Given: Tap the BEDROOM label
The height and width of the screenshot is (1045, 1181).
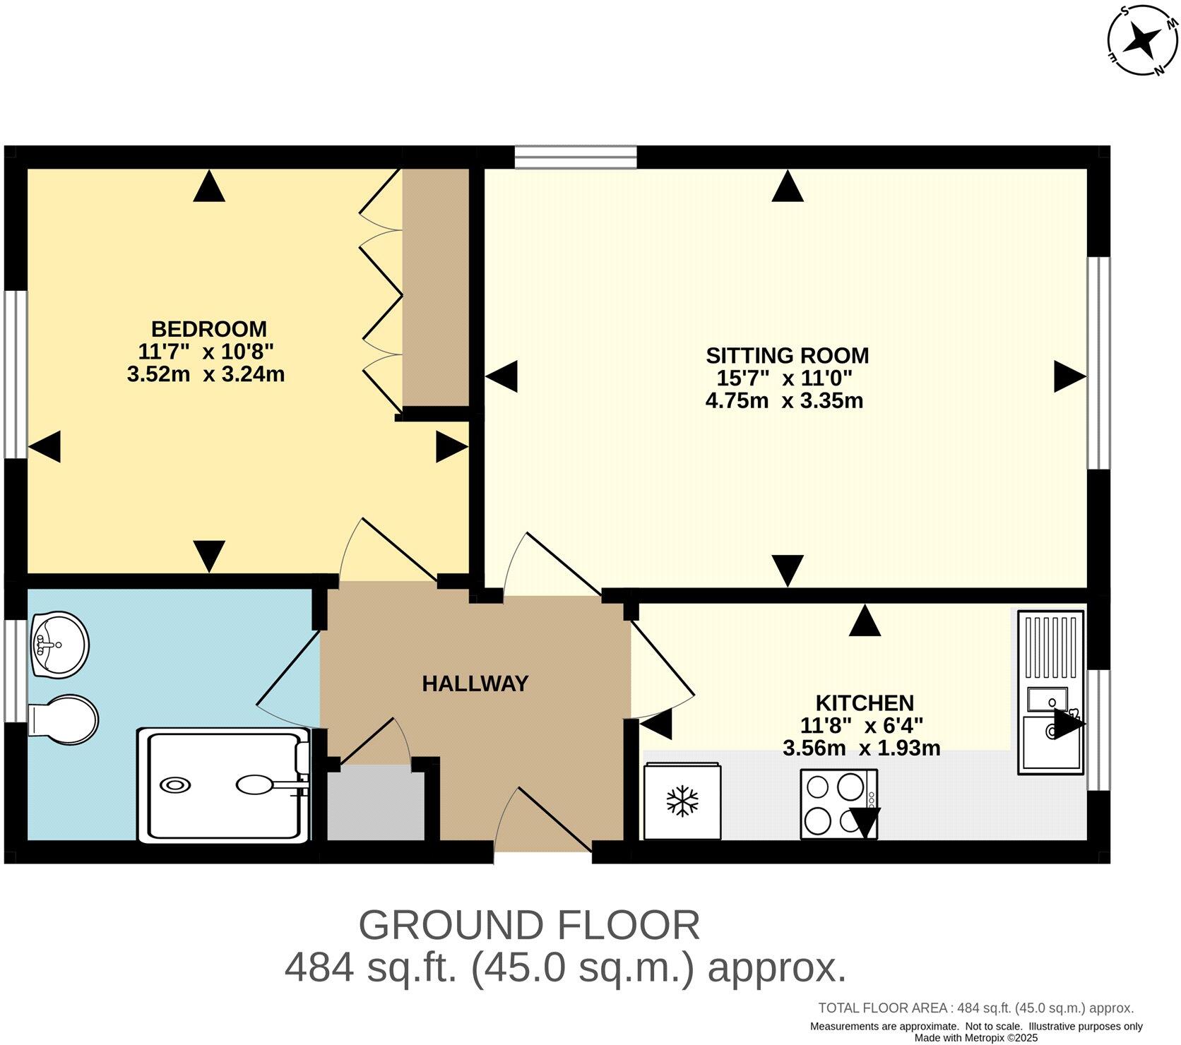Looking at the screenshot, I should click(x=209, y=329).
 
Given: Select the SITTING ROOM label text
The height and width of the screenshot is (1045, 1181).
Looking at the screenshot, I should click(x=787, y=355).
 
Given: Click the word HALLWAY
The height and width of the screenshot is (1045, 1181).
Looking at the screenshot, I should click(x=475, y=683).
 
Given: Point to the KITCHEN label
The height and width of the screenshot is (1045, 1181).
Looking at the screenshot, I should click(x=865, y=703).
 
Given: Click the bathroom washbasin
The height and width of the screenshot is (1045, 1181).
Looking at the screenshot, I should click(x=60, y=644).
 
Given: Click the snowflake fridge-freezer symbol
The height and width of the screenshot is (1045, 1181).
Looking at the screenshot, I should click(x=682, y=801).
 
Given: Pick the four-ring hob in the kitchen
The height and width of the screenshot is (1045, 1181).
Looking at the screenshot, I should click(x=838, y=804).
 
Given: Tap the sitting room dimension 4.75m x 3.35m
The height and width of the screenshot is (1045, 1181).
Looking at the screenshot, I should click(x=784, y=401).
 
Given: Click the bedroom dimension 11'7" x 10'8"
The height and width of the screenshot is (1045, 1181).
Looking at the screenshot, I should click(x=206, y=351).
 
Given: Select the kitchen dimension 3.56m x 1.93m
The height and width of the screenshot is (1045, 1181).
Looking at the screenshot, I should click(x=861, y=748).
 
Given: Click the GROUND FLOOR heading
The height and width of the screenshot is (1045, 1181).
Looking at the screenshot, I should click(x=529, y=925).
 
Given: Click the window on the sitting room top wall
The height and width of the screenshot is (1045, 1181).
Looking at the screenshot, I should click(x=576, y=157).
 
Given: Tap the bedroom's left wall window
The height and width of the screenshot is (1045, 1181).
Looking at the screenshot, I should click(x=16, y=374).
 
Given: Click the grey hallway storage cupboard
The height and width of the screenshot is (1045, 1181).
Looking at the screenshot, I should click(x=376, y=805).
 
